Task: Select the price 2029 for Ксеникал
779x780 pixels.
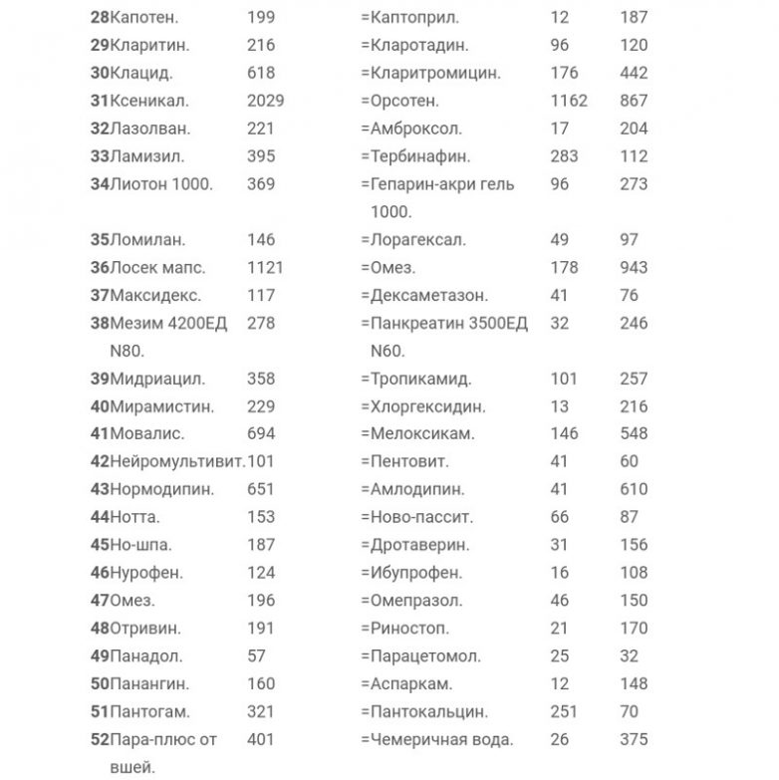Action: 265,101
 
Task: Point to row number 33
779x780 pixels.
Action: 100,156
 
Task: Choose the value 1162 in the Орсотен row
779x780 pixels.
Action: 569,101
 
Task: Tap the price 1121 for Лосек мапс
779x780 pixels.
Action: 265,267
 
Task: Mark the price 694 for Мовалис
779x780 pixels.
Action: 261,433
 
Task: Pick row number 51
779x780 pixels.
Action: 100,712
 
